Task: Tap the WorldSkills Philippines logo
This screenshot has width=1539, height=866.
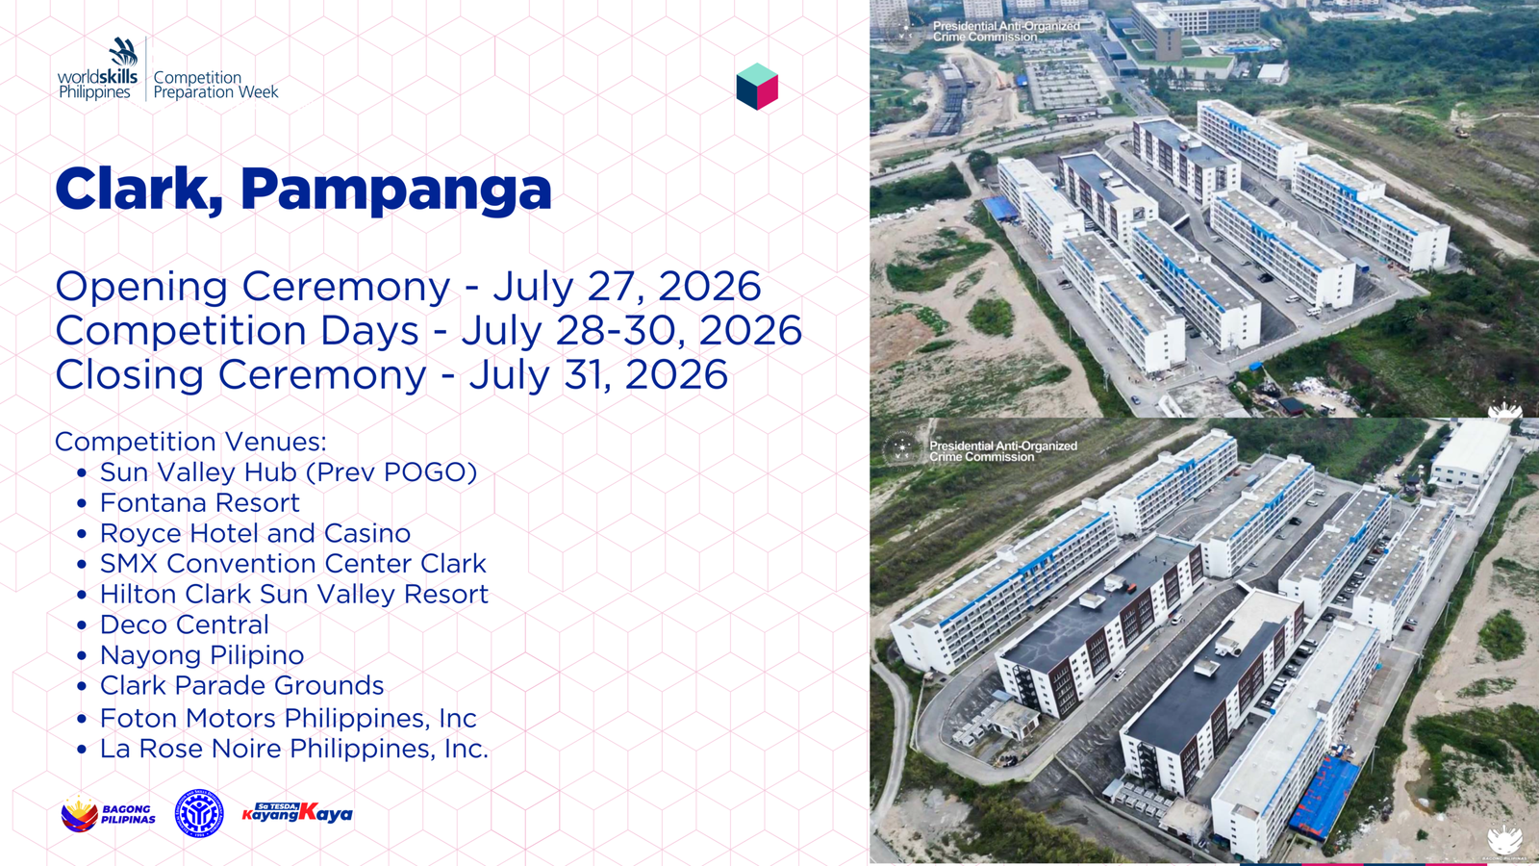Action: tap(98, 69)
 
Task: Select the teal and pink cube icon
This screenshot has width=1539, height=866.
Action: tap(757, 86)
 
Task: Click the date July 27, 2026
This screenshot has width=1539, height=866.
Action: tap(626, 286)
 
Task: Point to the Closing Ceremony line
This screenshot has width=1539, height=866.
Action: tap(391, 374)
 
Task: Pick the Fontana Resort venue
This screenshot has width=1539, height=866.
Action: tap(200, 502)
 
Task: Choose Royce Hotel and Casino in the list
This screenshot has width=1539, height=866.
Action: tap(255, 533)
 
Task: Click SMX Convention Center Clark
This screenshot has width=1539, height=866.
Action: tap(292, 564)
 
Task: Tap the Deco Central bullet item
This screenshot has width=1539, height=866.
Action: tap(184, 624)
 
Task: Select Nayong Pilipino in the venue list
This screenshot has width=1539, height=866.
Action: tap(202, 655)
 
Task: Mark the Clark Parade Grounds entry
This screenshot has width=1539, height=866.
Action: tap(241, 685)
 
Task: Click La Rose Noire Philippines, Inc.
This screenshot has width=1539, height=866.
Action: tap(294, 749)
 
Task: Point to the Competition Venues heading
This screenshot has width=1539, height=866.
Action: tap(191, 442)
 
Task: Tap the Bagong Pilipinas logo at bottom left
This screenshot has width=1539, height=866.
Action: tap(108, 814)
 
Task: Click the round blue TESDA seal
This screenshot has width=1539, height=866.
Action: tap(199, 813)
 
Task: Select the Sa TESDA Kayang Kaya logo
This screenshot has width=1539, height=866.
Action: tap(297, 812)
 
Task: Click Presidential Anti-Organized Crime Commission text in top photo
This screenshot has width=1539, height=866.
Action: tap(1006, 32)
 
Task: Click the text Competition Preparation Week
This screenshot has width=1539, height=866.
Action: tap(215, 85)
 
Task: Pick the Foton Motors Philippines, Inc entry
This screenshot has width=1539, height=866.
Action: tap(288, 718)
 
